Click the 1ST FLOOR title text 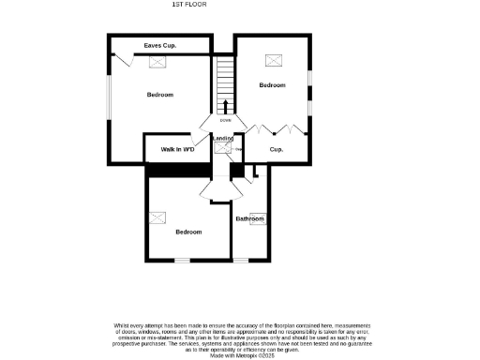(188, 5)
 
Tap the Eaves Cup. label (160, 45)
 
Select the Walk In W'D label (177, 149)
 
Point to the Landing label (223, 139)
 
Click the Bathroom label (250, 218)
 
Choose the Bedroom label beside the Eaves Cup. (160, 95)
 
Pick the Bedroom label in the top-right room (273, 85)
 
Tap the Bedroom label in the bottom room (189, 232)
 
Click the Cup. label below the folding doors (277, 149)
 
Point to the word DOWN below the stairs (225, 120)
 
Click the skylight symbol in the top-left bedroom (158, 62)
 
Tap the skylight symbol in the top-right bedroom (274, 60)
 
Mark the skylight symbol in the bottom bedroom (161, 217)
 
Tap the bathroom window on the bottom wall (241, 260)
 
